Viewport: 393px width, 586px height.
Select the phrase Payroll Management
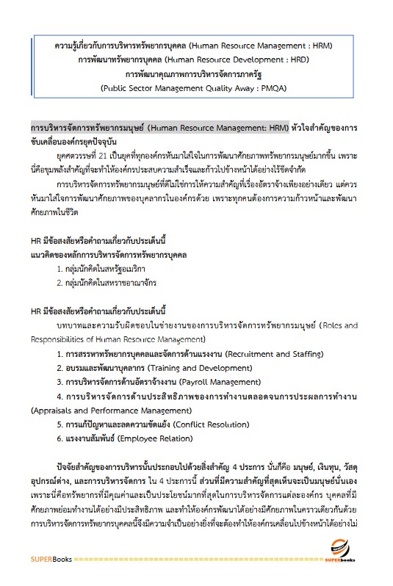210,382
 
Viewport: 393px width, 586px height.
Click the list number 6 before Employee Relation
59,438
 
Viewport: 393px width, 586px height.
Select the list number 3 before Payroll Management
59,382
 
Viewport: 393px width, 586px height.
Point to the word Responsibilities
63,339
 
